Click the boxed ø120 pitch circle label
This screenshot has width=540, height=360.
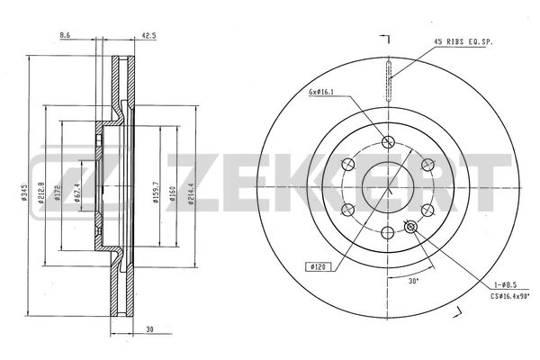[320, 266]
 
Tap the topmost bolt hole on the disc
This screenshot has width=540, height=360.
[389, 141]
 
